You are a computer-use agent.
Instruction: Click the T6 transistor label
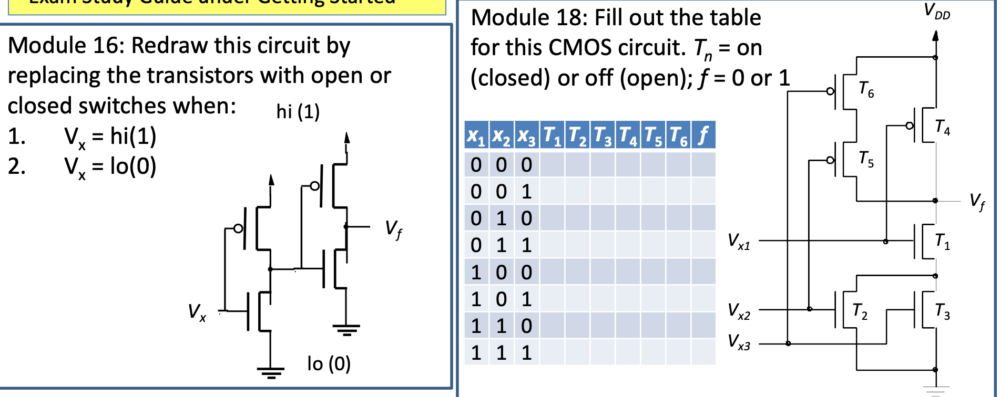(x=866, y=90)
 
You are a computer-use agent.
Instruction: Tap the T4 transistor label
(x=942, y=127)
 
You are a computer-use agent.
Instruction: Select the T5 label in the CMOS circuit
(x=866, y=159)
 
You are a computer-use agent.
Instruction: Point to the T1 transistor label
(x=942, y=242)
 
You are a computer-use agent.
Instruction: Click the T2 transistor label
(x=860, y=311)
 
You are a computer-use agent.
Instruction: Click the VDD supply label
(x=937, y=11)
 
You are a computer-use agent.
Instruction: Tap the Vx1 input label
(x=739, y=242)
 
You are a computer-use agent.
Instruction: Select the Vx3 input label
(x=739, y=342)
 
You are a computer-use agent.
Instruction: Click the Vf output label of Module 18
(x=977, y=201)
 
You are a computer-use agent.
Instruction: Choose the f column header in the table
(x=703, y=135)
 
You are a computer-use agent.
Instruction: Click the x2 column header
(x=501, y=135)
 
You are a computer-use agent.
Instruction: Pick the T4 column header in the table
(x=628, y=135)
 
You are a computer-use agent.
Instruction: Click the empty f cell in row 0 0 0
(x=703, y=165)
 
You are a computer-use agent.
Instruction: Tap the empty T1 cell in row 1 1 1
(x=552, y=352)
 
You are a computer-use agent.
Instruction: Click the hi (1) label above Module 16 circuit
(x=298, y=111)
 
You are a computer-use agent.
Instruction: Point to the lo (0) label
(x=329, y=363)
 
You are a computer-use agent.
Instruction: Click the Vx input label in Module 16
(x=197, y=312)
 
